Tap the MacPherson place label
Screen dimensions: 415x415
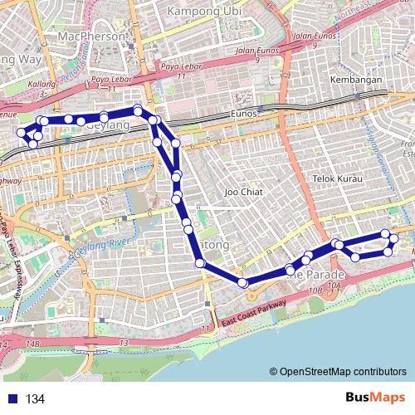(91, 37)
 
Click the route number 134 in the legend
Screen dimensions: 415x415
(35, 399)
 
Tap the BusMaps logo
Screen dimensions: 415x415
(375, 398)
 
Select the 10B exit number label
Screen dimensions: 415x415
(314, 290)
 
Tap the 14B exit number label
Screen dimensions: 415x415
(32, 343)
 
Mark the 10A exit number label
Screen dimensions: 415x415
(334, 286)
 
